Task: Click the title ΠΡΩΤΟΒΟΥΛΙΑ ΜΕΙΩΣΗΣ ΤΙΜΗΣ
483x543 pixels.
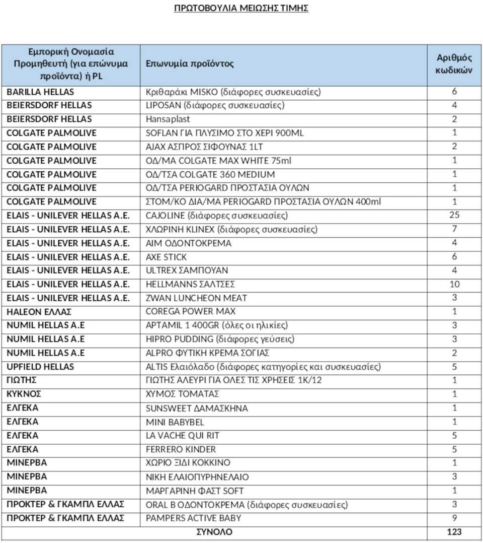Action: tap(241, 8)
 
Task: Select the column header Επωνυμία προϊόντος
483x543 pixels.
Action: tap(190, 64)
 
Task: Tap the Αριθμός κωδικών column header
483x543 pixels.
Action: tap(454, 64)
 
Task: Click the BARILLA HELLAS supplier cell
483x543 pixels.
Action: tap(40, 92)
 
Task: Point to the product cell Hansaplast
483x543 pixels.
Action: tap(168, 119)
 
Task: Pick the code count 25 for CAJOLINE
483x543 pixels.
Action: tap(454, 216)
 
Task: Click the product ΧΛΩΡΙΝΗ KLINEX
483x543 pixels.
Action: tap(231, 230)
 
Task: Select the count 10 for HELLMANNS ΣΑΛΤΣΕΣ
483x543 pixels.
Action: tap(454, 285)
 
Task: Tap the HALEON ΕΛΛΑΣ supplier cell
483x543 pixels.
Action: tap(39, 312)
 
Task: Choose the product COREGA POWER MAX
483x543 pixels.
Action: tap(191, 312)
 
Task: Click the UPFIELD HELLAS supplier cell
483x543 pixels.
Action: tap(40, 367)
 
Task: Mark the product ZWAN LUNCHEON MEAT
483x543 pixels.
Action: tap(196, 298)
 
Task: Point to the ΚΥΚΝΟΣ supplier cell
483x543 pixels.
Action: tap(24, 394)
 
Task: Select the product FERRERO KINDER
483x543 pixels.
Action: tap(181, 449)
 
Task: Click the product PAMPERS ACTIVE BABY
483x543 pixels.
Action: tap(193, 518)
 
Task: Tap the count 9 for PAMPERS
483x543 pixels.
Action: tap(454, 518)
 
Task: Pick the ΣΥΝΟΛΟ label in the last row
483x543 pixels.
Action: tap(214, 532)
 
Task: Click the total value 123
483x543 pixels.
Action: tap(454, 532)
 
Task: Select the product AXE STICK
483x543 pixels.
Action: tap(166, 257)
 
